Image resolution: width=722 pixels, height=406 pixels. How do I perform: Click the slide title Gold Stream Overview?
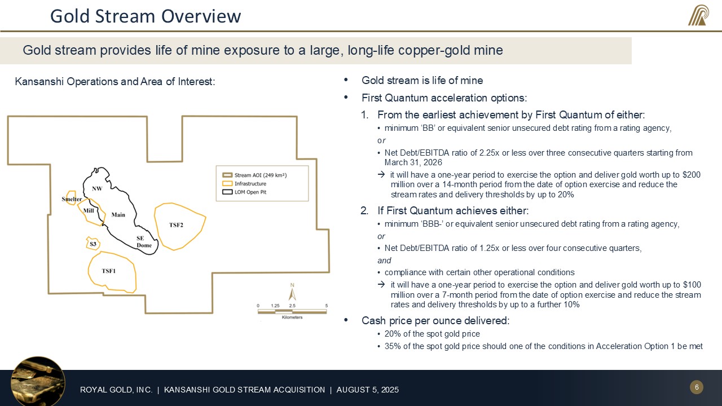(146, 16)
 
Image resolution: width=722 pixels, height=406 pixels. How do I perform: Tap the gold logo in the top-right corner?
(698, 15)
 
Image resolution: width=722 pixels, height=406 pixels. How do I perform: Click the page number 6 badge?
(697, 387)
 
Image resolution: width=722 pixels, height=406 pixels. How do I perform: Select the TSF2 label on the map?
(176, 225)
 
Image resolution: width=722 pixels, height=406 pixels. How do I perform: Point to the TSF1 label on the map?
(109, 271)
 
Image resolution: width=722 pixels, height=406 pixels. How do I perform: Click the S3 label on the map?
(93, 244)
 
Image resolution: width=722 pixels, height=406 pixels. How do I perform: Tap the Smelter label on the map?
(72, 200)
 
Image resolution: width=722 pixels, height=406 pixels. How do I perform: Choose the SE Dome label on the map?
(144, 242)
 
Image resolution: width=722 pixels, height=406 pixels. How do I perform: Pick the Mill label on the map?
(89, 210)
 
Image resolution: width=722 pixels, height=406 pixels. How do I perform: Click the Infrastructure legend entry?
(250, 184)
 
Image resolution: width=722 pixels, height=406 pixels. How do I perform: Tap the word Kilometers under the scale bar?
(292, 317)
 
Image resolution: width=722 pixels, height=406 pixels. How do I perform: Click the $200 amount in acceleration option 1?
(691, 175)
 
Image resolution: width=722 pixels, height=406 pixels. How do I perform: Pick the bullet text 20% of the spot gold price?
(432, 334)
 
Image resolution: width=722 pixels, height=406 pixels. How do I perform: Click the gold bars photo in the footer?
(37, 381)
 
